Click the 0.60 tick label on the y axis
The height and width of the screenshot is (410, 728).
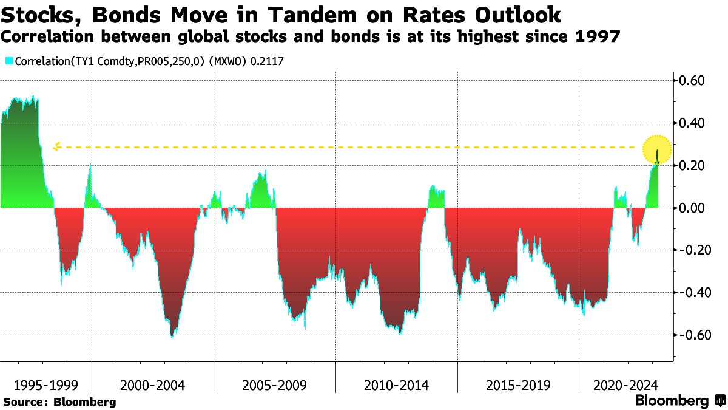point(692,81)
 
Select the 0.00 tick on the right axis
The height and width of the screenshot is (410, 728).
point(692,208)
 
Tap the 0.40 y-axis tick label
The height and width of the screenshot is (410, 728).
point(692,123)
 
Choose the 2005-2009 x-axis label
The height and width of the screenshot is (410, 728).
point(274,386)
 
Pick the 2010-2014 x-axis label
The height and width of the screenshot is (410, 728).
point(396,386)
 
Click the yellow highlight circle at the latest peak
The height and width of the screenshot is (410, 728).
point(658,148)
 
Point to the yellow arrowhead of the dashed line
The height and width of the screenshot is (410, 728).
point(56,146)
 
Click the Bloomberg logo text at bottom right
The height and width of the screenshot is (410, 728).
point(672,401)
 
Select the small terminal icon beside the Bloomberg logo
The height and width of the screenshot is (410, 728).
point(720,401)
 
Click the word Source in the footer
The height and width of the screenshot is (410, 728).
point(24,402)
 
